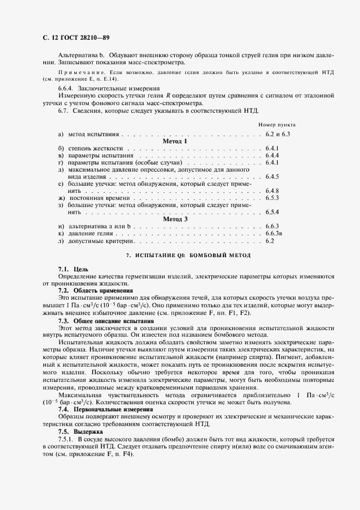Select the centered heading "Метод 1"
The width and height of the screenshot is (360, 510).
click(175, 141)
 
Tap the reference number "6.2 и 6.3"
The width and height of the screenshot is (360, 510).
click(277, 133)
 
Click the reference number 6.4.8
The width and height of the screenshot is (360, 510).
click(272, 191)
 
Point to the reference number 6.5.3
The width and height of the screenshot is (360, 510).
click(272, 198)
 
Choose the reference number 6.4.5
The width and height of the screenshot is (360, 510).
click(272, 177)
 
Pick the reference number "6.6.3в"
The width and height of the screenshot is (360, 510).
click(273, 233)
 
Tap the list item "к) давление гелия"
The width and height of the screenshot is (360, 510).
click(81, 233)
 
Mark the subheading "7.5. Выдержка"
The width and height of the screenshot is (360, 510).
click(77, 430)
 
